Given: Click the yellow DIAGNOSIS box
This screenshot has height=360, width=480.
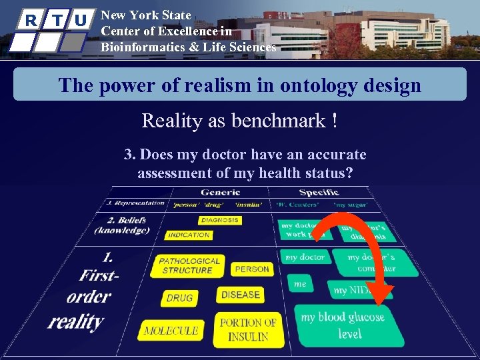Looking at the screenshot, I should click(220, 220).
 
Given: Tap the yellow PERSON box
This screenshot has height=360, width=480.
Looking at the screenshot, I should click(252, 269).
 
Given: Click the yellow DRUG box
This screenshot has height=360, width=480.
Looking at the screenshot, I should click(179, 298).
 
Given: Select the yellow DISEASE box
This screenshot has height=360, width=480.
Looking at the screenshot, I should click(240, 295).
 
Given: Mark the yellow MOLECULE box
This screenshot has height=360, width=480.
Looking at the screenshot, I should click(171, 330).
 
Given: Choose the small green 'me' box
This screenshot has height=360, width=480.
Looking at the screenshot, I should click(301, 284).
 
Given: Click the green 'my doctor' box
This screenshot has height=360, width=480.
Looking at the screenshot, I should click(305, 257).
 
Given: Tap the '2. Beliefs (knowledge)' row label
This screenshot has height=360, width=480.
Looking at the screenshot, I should click(121, 225).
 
